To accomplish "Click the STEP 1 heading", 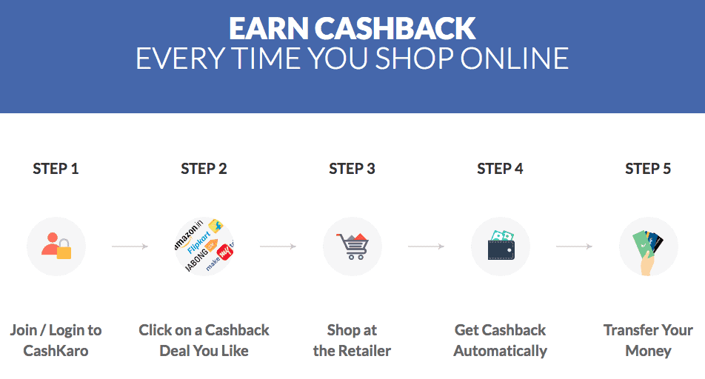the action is coord(56,169).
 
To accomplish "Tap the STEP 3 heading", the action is coord(352,169).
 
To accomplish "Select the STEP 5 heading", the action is coord(648,169).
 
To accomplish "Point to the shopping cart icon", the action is coord(352,246).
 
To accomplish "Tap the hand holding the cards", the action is coord(646,264).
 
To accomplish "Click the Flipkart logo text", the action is coord(198,242).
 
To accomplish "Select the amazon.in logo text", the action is coord(189,235).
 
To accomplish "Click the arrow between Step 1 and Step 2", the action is coord(130,246).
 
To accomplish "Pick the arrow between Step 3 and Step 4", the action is coord(427,246).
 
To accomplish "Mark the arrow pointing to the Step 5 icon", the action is coord(574,246).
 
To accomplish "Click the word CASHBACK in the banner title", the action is coord(394,28).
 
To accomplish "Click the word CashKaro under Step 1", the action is coord(56,351).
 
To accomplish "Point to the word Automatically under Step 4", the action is coord(500,351).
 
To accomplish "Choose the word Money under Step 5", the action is coord(648,351).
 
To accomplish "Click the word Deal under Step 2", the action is coord(175,351).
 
